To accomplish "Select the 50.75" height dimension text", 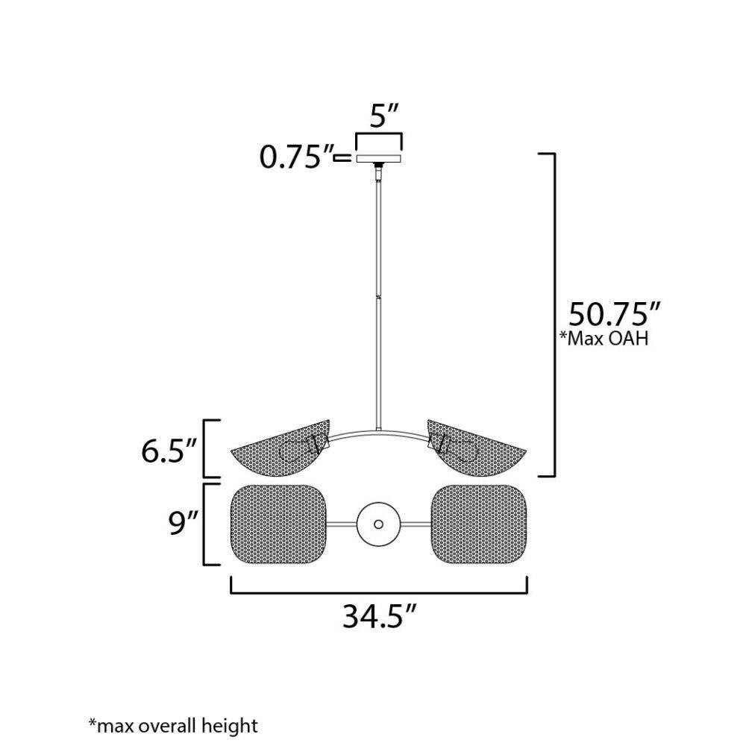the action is [615, 314].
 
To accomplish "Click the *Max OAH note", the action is [604, 338].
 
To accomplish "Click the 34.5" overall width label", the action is [379, 617].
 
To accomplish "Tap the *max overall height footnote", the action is [173, 726].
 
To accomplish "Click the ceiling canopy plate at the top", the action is [379, 158].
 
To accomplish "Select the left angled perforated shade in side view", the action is [280, 448].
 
